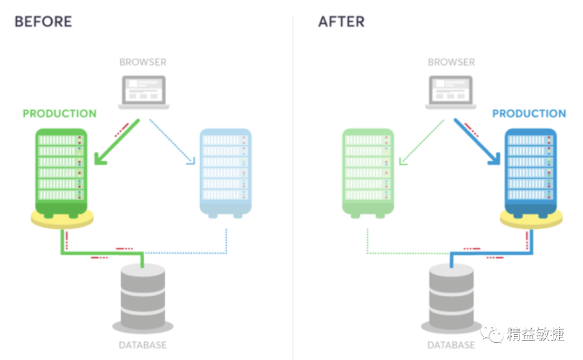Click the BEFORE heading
[43, 22]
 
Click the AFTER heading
[341, 22]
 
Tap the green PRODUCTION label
[59, 114]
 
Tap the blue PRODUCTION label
[529, 114]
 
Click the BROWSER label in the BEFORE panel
[143, 62]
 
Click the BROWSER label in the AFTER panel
[451, 62]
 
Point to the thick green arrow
[116, 141]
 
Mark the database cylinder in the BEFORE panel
[143, 294]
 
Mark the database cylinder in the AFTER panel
[451, 294]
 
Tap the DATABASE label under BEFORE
[143, 345]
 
